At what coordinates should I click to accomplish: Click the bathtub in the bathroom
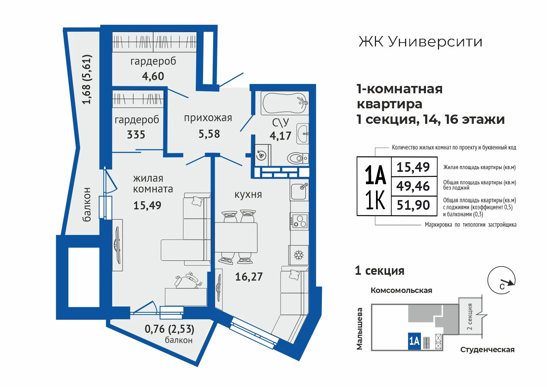[x=285, y=103]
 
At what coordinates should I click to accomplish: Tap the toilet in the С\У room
[x=297, y=158]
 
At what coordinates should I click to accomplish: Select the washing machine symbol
[x=263, y=155]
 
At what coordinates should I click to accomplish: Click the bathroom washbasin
[x=303, y=134]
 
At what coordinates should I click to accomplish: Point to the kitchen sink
[x=299, y=190]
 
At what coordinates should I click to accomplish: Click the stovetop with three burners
[x=299, y=221]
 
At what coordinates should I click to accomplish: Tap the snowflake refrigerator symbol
[x=298, y=255]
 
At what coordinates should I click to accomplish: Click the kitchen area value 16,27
[x=249, y=277]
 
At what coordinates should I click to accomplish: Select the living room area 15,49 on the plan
[x=147, y=205]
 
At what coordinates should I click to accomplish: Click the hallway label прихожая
[x=208, y=118]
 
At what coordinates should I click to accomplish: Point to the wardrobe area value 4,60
[x=153, y=76]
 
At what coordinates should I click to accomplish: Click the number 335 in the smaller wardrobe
[x=136, y=135]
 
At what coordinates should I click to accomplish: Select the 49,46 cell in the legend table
[x=413, y=186]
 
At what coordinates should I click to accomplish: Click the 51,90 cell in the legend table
[x=413, y=205]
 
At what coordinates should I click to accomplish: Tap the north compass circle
[x=501, y=280]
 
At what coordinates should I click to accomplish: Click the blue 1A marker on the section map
[x=414, y=341]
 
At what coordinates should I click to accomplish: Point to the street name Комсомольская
[x=402, y=291]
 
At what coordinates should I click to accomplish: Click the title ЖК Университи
[x=420, y=42]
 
